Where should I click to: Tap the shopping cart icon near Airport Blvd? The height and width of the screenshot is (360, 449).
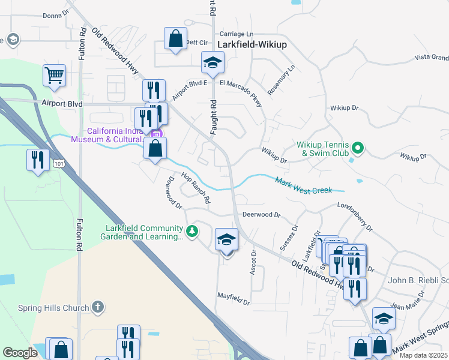pyautogui.click(x=54, y=76)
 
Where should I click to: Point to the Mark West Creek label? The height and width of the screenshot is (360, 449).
pyautogui.click(x=303, y=185)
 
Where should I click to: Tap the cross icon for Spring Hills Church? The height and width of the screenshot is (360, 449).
pyautogui.click(x=98, y=307)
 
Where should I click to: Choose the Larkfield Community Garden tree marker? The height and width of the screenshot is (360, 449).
pyautogui.click(x=192, y=231)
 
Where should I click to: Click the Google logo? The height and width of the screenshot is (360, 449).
pyautogui.click(x=20, y=353)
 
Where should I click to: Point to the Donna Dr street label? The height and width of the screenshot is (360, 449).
pyautogui.click(x=57, y=16)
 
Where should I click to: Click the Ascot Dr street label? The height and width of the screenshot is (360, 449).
pyautogui.click(x=253, y=263)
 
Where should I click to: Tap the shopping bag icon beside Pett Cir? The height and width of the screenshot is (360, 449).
pyautogui.click(x=175, y=40)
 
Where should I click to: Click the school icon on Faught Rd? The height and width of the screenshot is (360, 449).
pyautogui.click(x=212, y=62)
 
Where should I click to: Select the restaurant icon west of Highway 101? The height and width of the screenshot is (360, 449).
pyautogui.click(x=38, y=160)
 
